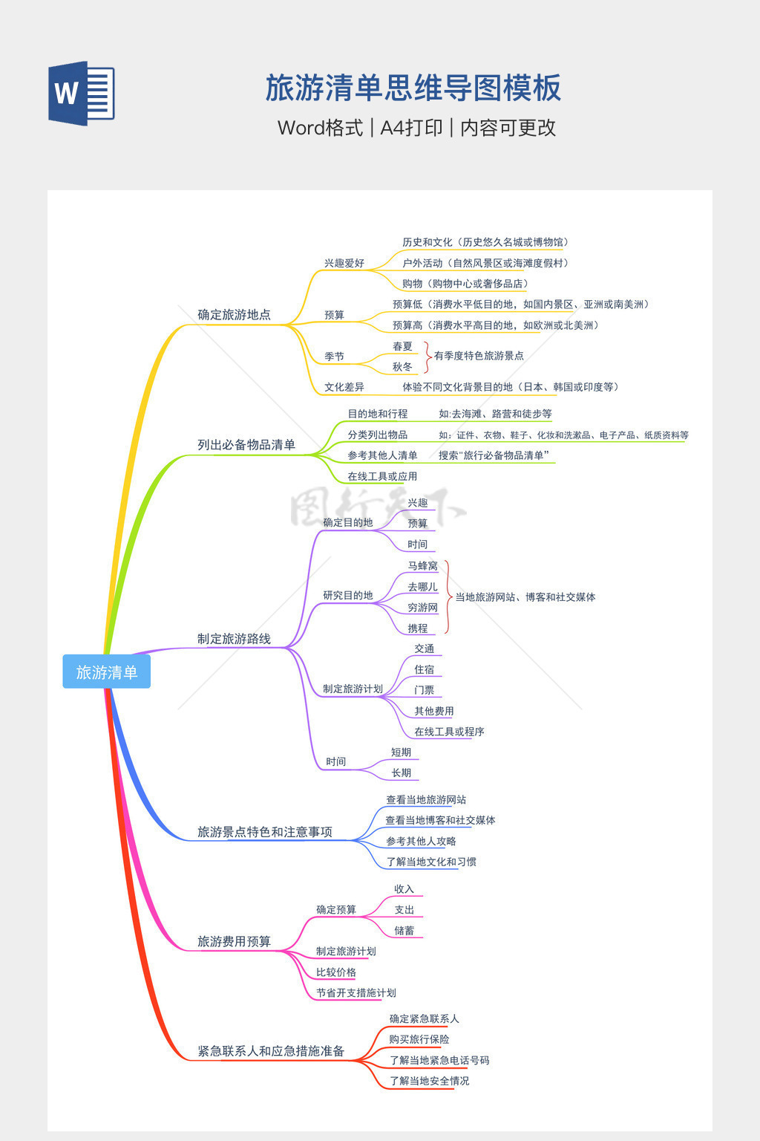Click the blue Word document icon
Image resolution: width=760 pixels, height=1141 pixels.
[x=82, y=94]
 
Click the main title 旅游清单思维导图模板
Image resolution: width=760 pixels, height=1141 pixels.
[x=413, y=88]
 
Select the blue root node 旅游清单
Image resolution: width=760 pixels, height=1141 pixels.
[x=107, y=672]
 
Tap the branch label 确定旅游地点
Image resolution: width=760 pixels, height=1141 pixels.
[x=234, y=315]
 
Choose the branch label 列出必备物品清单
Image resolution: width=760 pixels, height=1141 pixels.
[x=246, y=445]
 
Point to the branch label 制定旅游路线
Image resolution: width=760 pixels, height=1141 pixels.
[x=234, y=639]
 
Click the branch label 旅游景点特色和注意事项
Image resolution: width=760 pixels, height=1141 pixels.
[x=265, y=832]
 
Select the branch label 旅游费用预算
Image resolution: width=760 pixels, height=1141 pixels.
[x=234, y=942]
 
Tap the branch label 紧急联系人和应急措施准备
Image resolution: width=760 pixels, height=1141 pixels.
[x=271, y=1051]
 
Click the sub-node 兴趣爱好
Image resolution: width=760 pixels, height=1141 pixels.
[x=344, y=263]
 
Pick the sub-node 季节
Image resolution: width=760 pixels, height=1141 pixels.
[x=334, y=357]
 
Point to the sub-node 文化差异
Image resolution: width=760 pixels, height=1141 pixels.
[x=344, y=387]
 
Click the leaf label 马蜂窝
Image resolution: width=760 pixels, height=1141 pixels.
[x=422, y=566]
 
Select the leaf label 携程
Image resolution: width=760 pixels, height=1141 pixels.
[x=418, y=628]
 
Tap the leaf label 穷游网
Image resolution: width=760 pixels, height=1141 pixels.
[x=422, y=608]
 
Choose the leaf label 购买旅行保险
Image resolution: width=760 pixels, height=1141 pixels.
[x=419, y=1039]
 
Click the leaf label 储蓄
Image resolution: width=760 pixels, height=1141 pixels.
[x=404, y=931]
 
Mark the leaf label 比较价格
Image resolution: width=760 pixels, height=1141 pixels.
[x=336, y=972]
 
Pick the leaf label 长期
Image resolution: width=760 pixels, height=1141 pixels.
[x=402, y=773]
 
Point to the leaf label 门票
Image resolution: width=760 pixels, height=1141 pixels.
[x=425, y=690]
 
